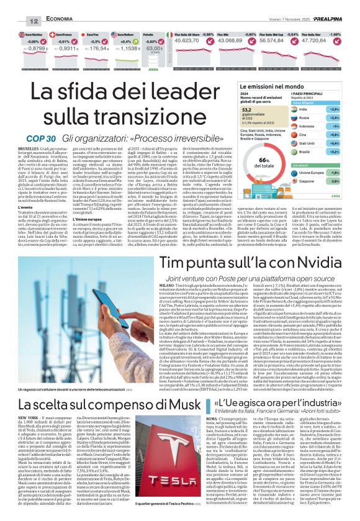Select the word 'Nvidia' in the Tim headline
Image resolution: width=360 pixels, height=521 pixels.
(313, 263)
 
